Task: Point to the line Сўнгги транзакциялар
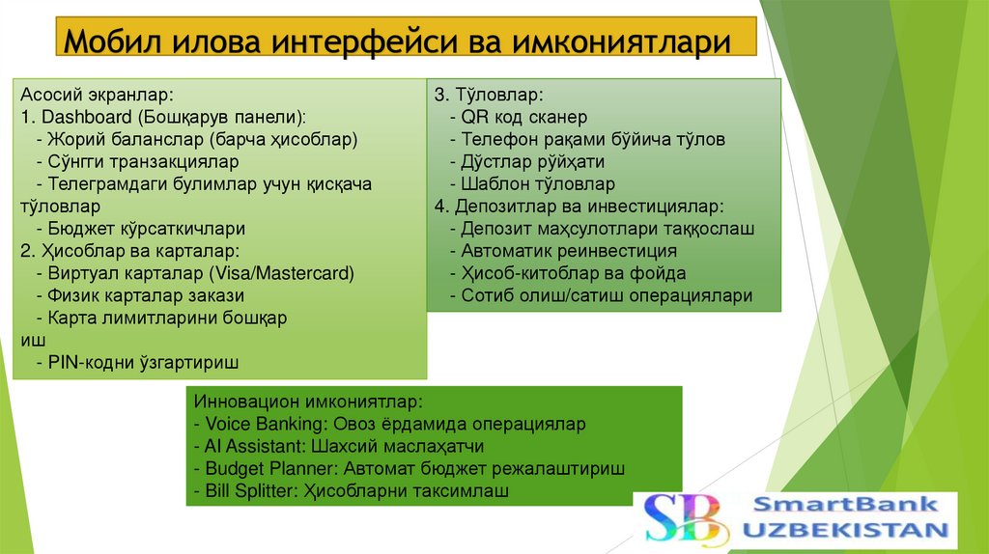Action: click(136, 162)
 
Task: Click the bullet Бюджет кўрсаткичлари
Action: click(140, 229)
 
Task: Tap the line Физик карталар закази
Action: click(140, 295)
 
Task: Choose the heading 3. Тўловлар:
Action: click(488, 96)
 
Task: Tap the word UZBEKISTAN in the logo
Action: click(845, 530)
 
